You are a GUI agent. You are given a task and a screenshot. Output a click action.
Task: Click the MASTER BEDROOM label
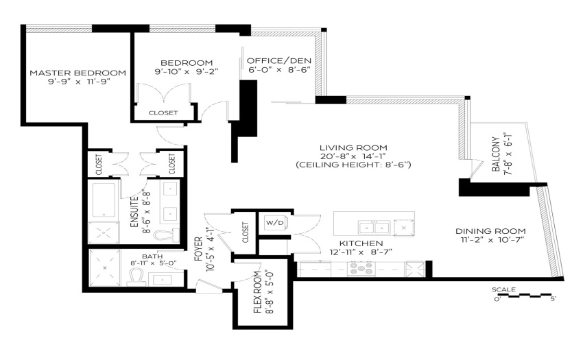click(78, 73)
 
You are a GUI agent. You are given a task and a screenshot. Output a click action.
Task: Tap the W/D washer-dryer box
click(274, 223)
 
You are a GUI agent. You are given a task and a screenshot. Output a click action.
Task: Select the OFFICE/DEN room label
click(279, 60)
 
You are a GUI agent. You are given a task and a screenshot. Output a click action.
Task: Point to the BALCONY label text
click(496, 154)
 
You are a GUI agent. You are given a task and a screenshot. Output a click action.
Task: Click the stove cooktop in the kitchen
click(361, 269)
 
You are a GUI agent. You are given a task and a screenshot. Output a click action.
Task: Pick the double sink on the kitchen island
click(374, 227)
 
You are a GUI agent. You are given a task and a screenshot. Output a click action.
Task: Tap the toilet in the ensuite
click(166, 235)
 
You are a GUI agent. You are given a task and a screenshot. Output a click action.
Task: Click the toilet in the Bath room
click(135, 278)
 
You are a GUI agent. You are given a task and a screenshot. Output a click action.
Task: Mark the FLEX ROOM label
click(258, 292)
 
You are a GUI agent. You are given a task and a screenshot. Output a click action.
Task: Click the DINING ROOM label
click(490, 231)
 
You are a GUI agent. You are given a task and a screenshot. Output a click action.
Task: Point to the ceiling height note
click(353, 165)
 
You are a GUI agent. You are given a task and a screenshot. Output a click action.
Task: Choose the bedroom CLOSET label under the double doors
click(163, 112)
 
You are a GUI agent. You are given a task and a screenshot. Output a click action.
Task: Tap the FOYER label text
click(198, 249)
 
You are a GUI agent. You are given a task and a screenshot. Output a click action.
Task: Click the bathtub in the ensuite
click(104, 200)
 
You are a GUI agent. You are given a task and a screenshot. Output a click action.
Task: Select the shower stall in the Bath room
click(105, 267)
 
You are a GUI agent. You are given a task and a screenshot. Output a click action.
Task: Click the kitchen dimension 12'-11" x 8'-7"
click(361, 252)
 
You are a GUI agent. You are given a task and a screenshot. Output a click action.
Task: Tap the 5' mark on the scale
click(554, 299)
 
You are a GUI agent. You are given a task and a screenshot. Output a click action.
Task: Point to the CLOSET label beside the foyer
click(245, 232)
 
